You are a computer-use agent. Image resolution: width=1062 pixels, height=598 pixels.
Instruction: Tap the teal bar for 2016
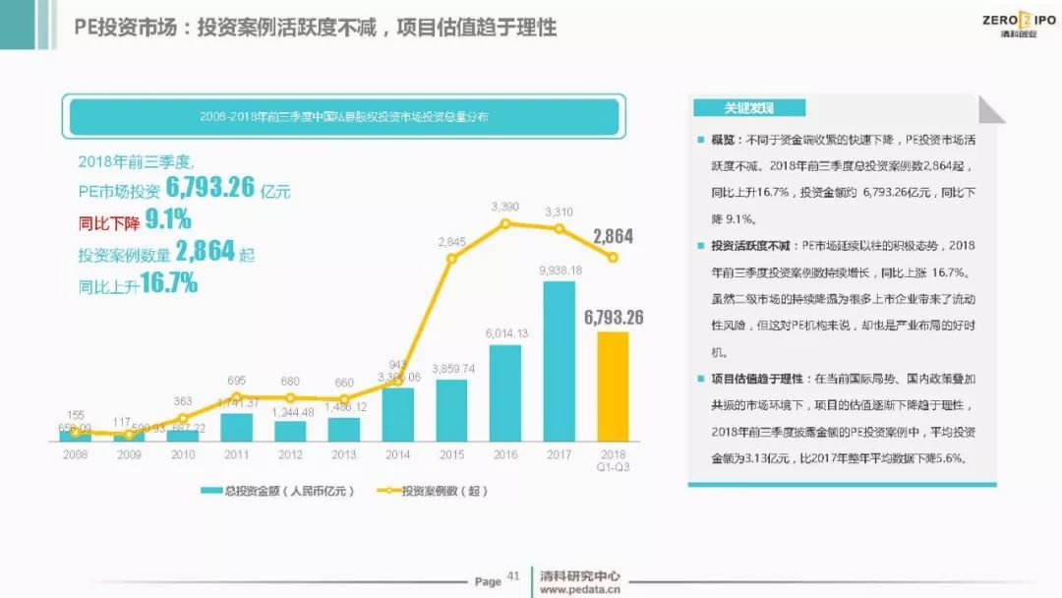(505, 391)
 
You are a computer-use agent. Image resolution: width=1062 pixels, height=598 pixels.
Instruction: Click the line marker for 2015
(452, 259)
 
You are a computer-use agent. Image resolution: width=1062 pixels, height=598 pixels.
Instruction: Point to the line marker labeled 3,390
(505, 223)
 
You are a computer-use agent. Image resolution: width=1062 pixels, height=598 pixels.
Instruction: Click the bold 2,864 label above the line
(613, 236)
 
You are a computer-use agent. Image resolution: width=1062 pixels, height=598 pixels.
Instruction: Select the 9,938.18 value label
(560, 270)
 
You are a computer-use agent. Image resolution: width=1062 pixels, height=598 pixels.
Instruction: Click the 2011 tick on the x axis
(236, 454)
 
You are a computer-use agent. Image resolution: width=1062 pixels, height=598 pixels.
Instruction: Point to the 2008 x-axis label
(75, 454)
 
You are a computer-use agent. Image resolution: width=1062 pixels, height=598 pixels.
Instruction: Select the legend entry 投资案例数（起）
(433, 490)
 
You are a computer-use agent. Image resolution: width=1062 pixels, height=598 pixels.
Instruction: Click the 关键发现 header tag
(749, 108)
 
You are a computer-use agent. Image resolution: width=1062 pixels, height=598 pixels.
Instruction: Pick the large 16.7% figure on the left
(168, 284)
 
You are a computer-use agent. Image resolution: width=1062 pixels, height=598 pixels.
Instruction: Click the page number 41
(512, 576)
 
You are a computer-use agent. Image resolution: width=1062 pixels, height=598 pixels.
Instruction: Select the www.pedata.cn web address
(580, 590)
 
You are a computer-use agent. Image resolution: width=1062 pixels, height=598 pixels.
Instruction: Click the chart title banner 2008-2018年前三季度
(344, 116)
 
